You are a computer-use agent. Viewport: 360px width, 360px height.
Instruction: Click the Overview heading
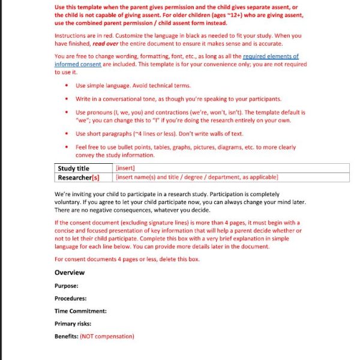[x=69, y=272]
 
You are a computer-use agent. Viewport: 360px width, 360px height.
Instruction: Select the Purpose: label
[x=66, y=286]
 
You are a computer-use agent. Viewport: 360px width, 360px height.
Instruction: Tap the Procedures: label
[x=70, y=298]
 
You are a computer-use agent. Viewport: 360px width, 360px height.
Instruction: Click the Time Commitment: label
[x=80, y=311]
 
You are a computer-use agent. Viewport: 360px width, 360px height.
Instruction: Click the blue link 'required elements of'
[x=271, y=56]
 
